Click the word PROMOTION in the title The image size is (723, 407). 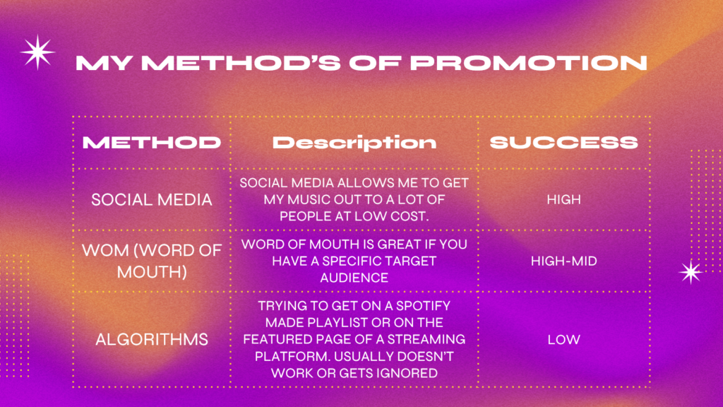pos(529,63)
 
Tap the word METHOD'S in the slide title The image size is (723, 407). pos(241,63)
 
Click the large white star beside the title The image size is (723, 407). pos(38,52)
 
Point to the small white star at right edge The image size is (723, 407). pos(691,272)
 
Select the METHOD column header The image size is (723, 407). pos(152,142)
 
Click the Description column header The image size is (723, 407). pos(354,143)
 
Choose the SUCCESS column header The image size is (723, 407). pos(563,142)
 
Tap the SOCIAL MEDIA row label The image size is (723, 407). pos(152,200)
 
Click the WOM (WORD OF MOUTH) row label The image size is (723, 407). pos(152,261)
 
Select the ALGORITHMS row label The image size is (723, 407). pos(152,340)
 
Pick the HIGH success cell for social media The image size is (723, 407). pos(563,199)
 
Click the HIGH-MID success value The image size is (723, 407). pos(563,261)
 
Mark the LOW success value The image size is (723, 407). pos(563,340)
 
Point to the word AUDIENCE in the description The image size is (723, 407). pos(354,278)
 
